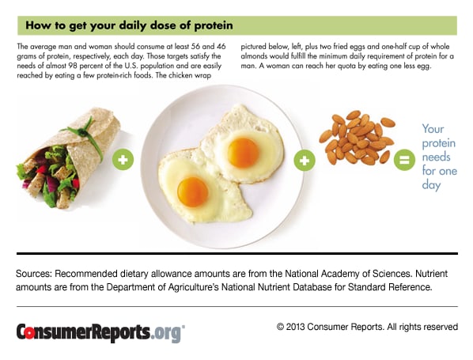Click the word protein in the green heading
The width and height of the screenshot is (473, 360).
(214, 25)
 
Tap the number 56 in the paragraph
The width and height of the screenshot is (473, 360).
(195, 47)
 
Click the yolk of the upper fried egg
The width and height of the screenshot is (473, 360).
(243, 153)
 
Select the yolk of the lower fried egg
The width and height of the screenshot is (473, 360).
(193, 192)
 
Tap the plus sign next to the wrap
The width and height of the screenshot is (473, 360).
(123, 159)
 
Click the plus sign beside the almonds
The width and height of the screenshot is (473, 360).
(305, 161)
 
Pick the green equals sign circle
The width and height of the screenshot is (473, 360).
(404, 160)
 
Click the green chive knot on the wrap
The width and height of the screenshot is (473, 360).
(82, 131)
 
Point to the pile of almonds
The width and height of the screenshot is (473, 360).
(357, 138)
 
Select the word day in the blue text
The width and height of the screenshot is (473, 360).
(431, 185)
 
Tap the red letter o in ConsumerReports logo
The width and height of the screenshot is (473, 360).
(29, 332)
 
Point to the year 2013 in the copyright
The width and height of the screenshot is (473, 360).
(295, 327)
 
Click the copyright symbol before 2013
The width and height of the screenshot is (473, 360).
(281, 327)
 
